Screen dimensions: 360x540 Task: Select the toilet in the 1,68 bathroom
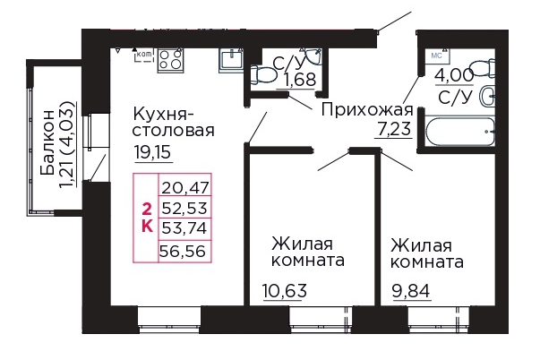point(264,73)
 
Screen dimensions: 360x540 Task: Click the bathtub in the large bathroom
point(459,135)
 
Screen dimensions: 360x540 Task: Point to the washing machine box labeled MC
point(437,55)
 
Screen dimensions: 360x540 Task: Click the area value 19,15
point(152,151)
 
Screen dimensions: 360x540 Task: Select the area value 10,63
point(283,288)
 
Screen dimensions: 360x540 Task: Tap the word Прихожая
point(366,110)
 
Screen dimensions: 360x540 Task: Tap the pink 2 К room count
point(146,216)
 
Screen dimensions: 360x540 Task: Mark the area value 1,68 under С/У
point(299,81)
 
